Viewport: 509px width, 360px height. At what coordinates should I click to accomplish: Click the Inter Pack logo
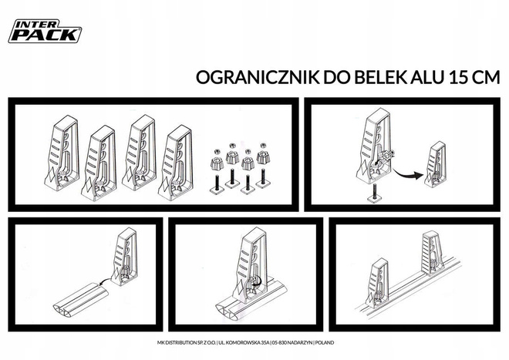point(44,30)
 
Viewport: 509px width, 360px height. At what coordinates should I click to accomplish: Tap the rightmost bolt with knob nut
point(265,164)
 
